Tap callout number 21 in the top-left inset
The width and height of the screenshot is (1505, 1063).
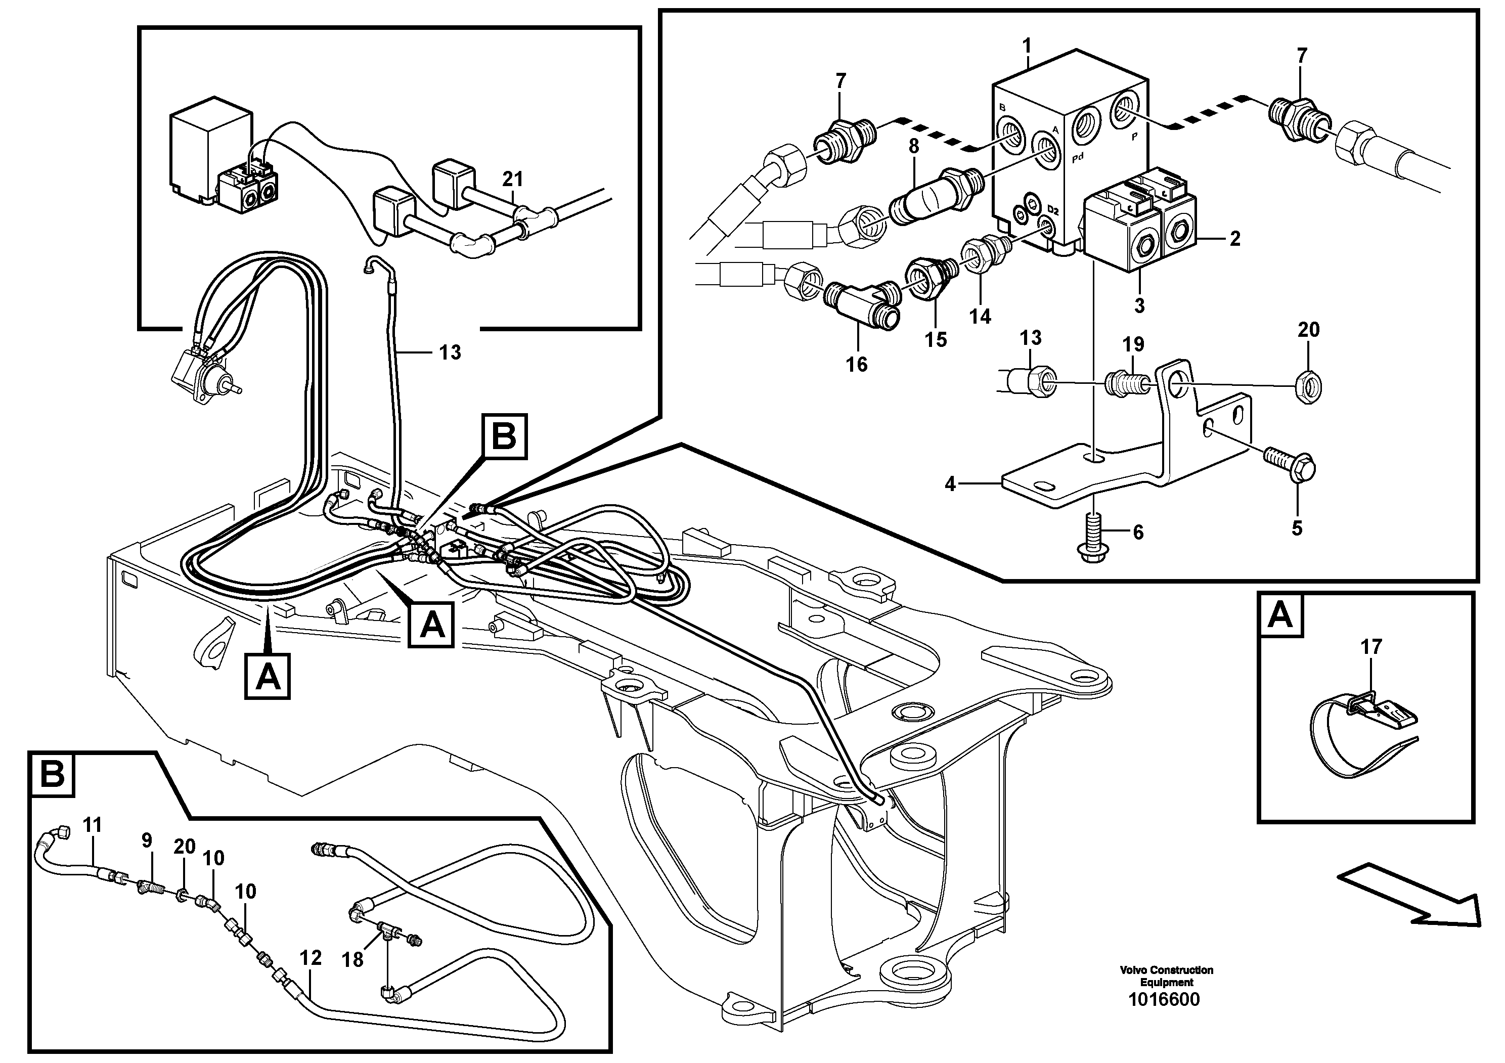pyautogui.click(x=513, y=178)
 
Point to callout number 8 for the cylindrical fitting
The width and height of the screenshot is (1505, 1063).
pyautogui.click(x=914, y=147)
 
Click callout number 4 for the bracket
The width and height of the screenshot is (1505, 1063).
pyautogui.click(x=950, y=484)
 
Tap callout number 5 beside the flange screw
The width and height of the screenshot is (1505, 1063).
pyautogui.click(x=1297, y=528)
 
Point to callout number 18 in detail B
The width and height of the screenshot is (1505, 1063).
pyautogui.click(x=352, y=960)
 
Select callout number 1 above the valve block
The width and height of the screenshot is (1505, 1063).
pyautogui.click(x=1027, y=46)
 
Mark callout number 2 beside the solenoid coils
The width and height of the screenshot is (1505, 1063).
pyautogui.click(x=1235, y=239)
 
